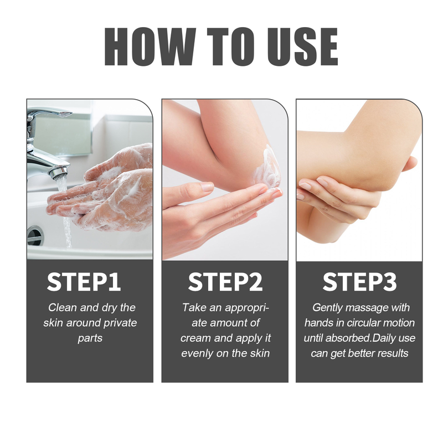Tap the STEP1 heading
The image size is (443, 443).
[84, 282]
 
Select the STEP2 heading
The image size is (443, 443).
[225, 282]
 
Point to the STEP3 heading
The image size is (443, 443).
[359, 282]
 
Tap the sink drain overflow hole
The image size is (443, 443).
[35, 236]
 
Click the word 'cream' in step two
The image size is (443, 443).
[195, 338]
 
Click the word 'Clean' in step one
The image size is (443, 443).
[62, 307]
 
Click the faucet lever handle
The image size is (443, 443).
[47, 114]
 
